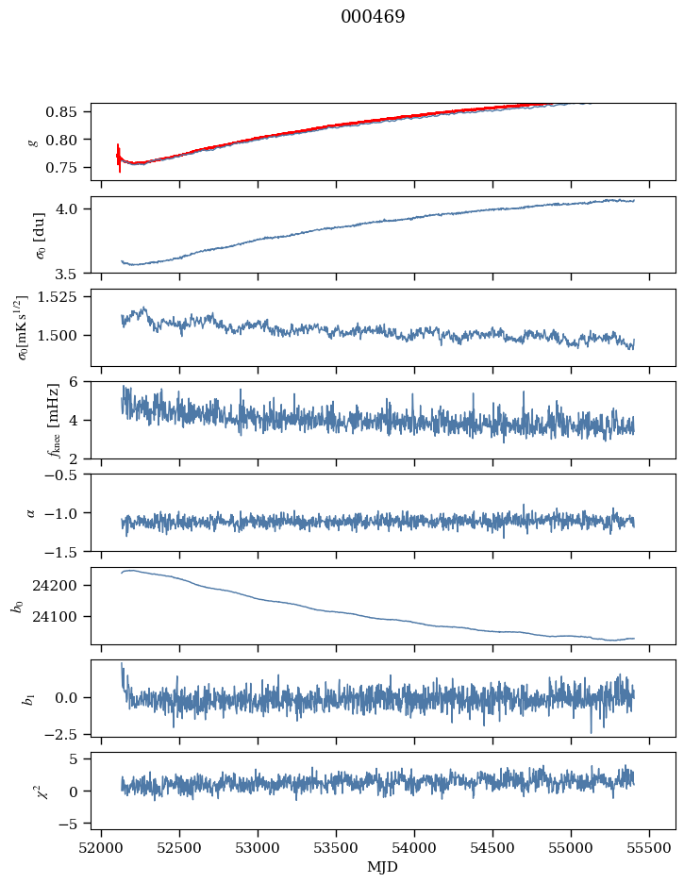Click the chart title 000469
tap(373, 17)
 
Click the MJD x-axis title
tap(382, 866)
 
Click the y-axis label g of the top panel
tap(33, 142)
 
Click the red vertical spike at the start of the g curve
tap(119, 158)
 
